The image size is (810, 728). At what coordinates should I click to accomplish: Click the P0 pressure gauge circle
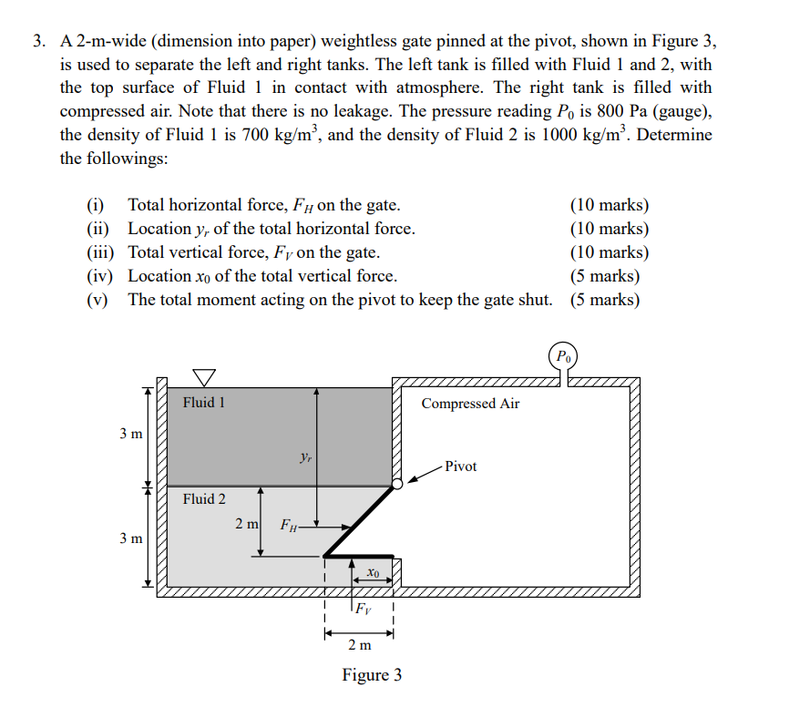pos(565,356)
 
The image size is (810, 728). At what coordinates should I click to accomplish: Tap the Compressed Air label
pos(470,404)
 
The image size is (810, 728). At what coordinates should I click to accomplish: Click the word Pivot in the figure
pos(461,467)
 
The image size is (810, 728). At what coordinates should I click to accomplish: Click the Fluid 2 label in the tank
pos(204,498)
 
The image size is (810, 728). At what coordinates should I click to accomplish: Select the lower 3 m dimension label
pos(131,538)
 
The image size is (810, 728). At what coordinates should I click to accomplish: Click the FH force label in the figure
pos(289,525)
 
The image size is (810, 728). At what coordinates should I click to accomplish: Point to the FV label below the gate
pos(362,608)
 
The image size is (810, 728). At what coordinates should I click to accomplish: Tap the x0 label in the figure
pos(373,573)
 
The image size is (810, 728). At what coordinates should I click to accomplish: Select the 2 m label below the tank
pos(359,645)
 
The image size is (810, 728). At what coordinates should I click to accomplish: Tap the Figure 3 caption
pos(372,675)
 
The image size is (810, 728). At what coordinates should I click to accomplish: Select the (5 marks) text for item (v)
pos(604,300)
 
